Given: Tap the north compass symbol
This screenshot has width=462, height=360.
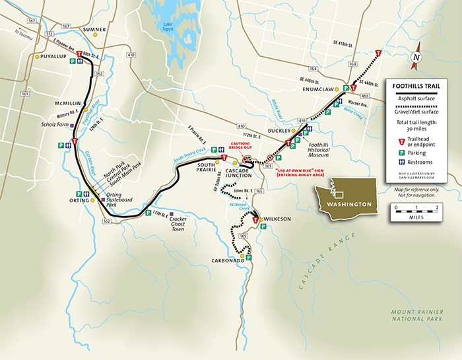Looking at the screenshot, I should [x=416, y=57].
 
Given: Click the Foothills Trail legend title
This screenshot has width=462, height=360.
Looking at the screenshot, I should [x=414, y=85].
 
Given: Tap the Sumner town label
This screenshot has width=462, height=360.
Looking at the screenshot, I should [x=94, y=30].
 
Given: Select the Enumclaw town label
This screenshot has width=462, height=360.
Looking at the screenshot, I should [x=317, y=89].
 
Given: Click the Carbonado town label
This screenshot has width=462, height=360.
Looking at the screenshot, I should [x=234, y=261].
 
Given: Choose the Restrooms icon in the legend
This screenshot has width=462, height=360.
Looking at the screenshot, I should [x=394, y=162].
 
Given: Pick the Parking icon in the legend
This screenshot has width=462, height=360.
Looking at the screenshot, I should [x=394, y=152].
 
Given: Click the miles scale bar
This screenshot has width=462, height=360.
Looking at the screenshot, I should [x=415, y=209].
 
